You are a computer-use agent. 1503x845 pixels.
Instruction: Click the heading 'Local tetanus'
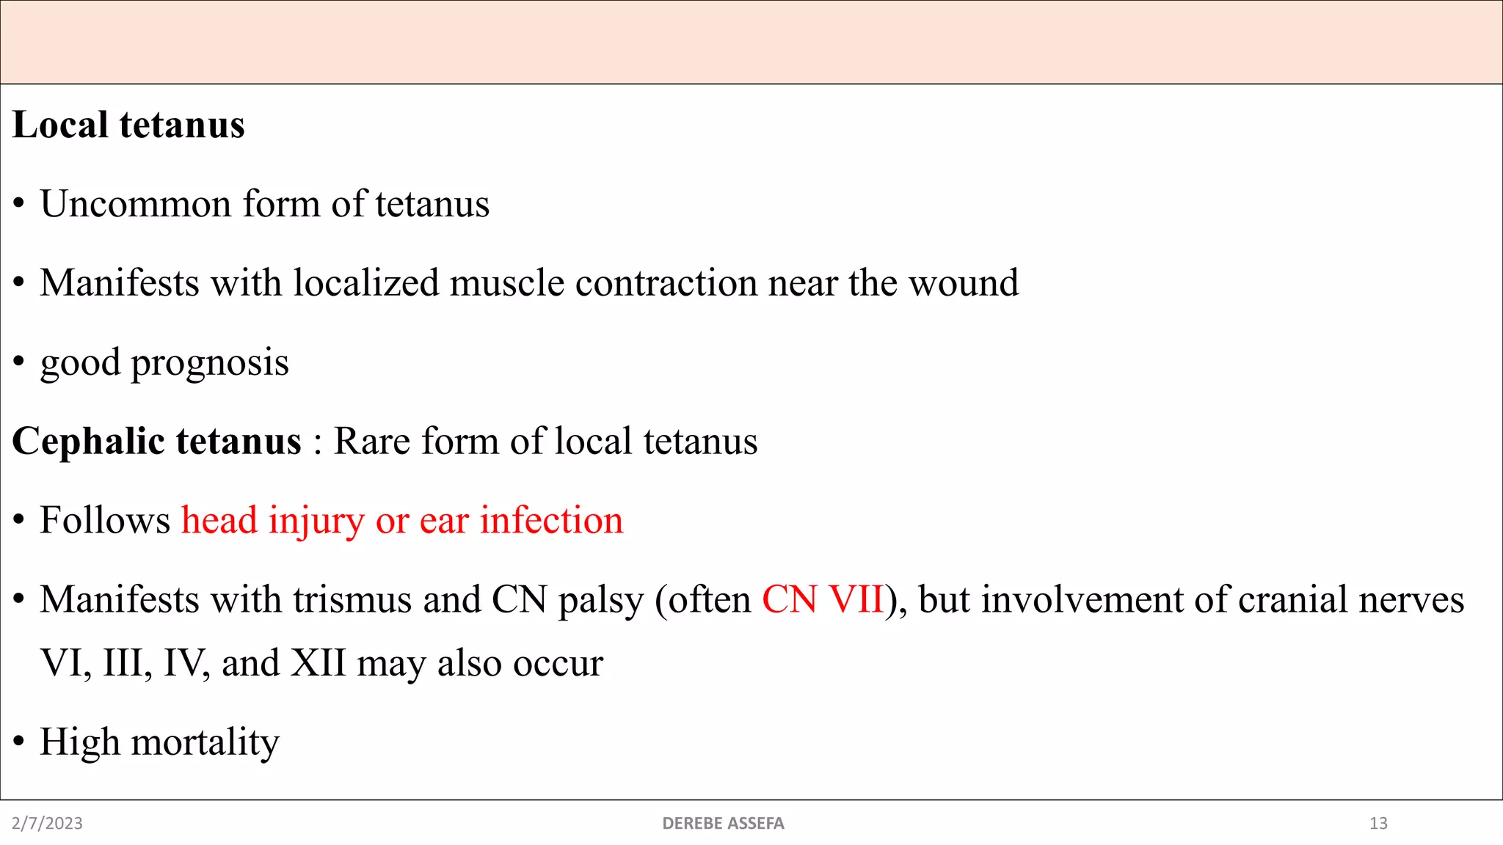(x=128, y=125)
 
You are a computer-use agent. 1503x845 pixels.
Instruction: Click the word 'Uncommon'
(x=136, y=204)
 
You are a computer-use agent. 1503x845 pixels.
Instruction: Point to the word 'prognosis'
(x=210, y=363)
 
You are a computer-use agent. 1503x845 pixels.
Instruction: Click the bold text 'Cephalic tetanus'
(x=156, y=442)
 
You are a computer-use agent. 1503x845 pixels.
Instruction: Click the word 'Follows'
(x=105, y=521)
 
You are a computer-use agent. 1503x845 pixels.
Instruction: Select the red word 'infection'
(x=551, y=521)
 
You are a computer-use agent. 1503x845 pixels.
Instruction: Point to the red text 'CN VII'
(x=822, y=600)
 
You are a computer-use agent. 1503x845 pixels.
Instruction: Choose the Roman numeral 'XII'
(x=318, y=663)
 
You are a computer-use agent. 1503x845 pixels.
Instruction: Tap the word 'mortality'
(x=205, y=742)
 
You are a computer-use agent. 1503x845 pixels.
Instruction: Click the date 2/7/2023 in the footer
(x=47, y=824)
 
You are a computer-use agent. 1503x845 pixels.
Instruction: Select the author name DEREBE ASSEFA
(x=723, y=824)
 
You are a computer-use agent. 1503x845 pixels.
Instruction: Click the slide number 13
(x=1378, y=824)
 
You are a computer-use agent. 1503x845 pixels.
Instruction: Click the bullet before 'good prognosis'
(x=19, y=362)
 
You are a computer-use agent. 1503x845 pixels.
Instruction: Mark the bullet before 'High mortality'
(x=19, y=742)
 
